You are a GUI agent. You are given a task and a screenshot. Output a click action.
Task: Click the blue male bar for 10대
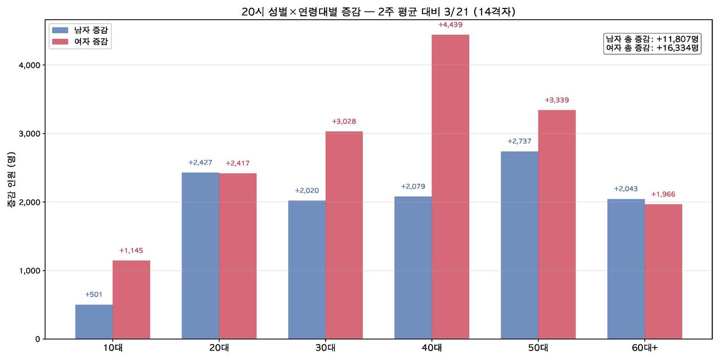[94, 322]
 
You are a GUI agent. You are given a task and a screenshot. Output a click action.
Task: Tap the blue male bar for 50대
[519, 245]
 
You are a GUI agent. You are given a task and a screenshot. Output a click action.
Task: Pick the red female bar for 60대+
[663, 272]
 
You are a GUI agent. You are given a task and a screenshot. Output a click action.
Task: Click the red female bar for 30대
[344, 235]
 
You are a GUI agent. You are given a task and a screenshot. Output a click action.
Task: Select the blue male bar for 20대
[200, 256]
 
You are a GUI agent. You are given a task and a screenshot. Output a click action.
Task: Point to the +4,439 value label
[450, 25]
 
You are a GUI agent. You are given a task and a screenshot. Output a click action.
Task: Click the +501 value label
[94, 295]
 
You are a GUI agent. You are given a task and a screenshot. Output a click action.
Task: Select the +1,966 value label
[663, 195]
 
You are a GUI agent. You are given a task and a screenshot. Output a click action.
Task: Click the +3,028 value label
[344, 121]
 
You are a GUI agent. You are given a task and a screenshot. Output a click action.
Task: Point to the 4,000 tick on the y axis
[28, 65]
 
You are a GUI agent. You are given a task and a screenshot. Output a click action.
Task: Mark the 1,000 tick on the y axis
[28, 271]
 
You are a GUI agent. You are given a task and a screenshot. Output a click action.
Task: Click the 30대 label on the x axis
[325, 348]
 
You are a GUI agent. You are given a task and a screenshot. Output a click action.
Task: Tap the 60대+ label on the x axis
[645, 348]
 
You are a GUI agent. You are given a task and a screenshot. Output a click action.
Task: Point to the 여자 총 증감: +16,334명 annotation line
[652, 48]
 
